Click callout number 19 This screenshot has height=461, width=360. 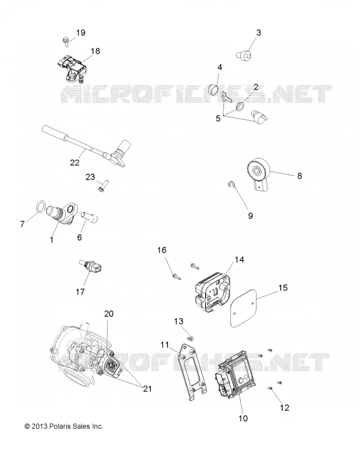81,32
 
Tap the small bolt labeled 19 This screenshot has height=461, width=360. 66,41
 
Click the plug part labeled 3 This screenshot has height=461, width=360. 244,54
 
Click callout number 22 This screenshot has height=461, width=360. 75,163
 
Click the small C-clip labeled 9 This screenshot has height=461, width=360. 232,185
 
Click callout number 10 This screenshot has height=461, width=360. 243,418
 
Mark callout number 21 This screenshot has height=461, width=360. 147,388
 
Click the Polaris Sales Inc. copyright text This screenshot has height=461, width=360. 64,426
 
